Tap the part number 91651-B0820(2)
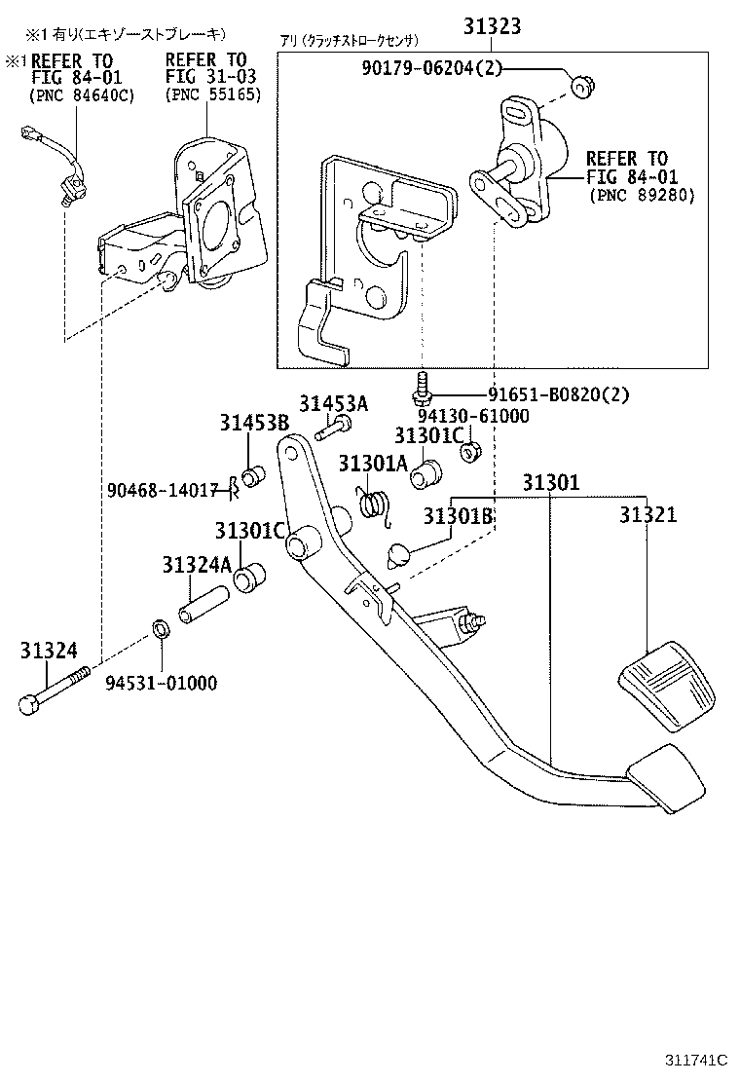click(x=559, y=395)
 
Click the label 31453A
click(x=333, y=404)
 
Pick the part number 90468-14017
click(x=162, y=490)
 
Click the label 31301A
click(x=373, y=464)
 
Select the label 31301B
click(x=458, y=516)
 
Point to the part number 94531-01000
click(x=162, y=683)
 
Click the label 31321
click(x=647, y=515)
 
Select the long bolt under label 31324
click(x=54, y=689)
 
